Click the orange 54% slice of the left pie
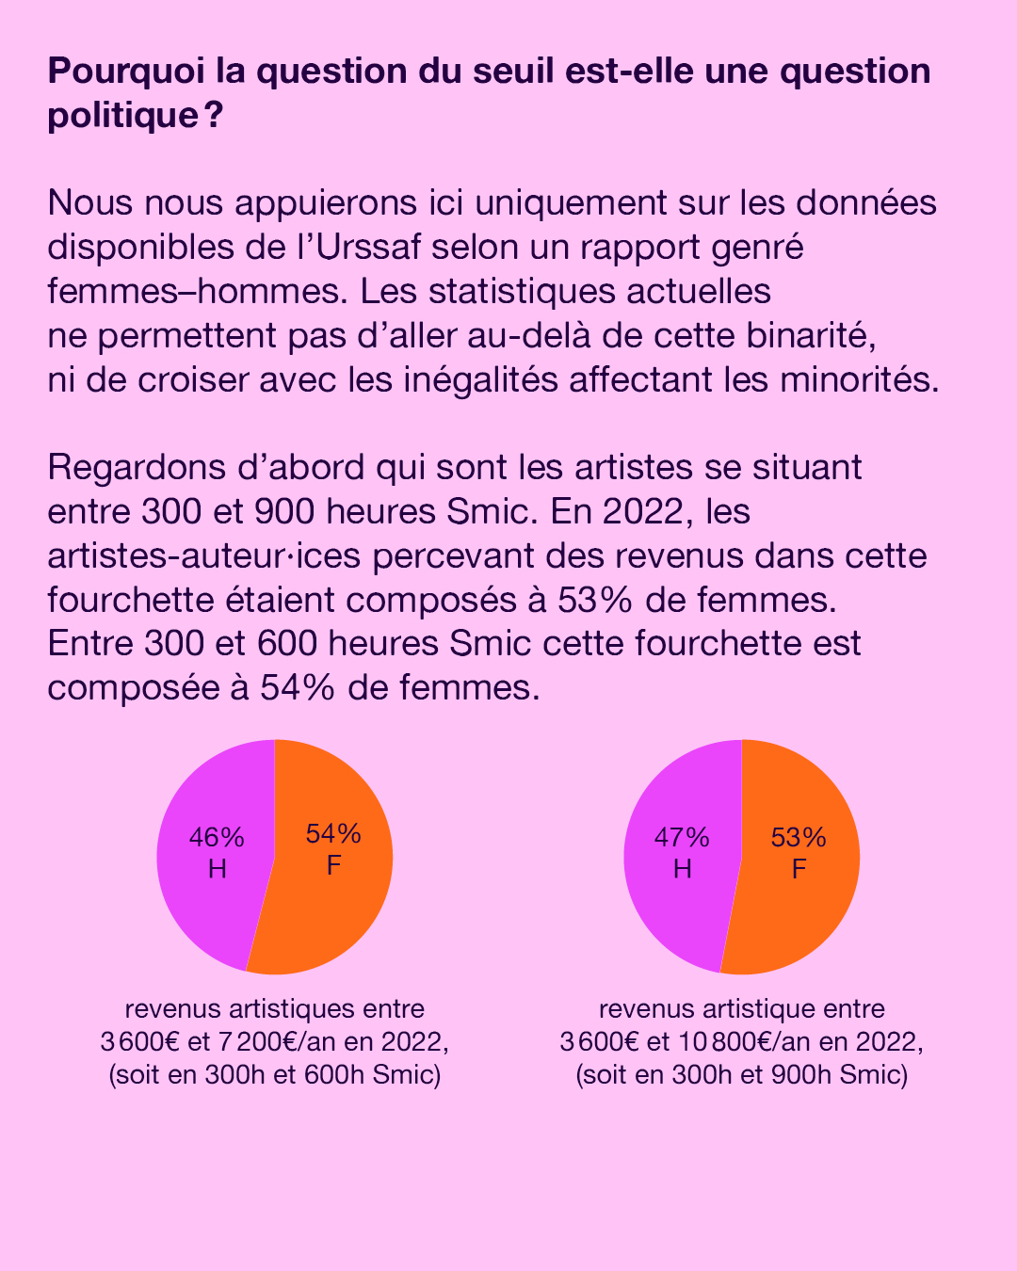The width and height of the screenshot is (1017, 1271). (x=330, y=904)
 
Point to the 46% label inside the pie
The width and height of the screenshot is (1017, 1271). (x=217, y=837)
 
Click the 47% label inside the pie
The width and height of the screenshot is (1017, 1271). (x=682, y=837)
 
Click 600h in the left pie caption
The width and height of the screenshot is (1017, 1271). (x=333, y=1074)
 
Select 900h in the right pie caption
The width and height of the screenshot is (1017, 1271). (x=799, y=1074)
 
